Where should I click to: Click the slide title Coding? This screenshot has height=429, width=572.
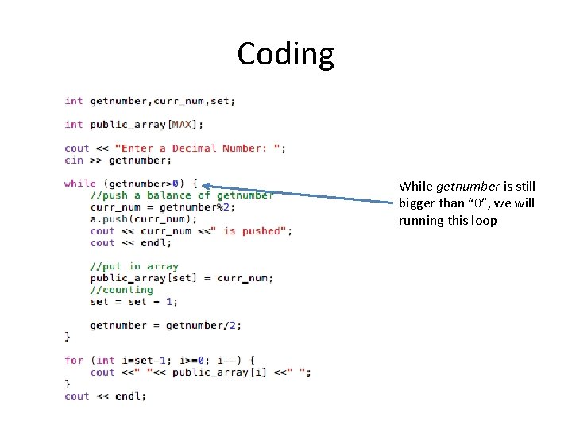[285, 54]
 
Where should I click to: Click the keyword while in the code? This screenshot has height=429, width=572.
[79, 184]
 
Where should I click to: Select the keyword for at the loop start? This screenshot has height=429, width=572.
[73, 360]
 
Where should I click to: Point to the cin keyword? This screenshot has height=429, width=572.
[73, 160]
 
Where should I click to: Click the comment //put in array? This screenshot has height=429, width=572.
[133, 266]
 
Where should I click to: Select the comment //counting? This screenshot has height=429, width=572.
[121, 290]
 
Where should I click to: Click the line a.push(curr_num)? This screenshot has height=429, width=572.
[143, 218]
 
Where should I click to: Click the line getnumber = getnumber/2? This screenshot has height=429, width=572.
[165, 325]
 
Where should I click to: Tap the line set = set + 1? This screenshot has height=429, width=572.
[133, 301]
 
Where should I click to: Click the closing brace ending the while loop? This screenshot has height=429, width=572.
[68, 337]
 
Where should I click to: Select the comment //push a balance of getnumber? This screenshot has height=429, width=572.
[181, 195]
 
